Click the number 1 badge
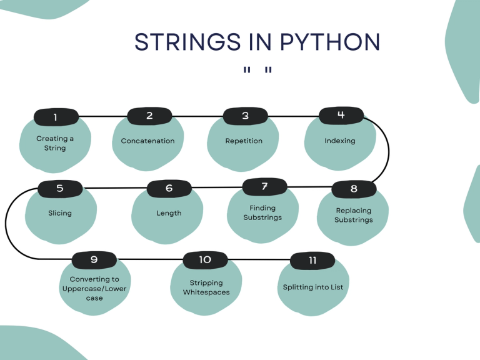pyautogui.click(x=56, y=117)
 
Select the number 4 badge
pyautogui.click(x=341, y=115)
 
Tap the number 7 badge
pyautogui.click(x=264, y=186)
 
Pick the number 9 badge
pyautogui.click(x=94, y=259)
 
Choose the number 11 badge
pyautogui.click(x=312, y=260)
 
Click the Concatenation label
pyautogui.click(x=147, y=141)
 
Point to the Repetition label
pyautogui.click(x=244, y=141)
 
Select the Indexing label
pyautogui.click(x=339, y=141)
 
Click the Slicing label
pyautogui.click(x=60, y=213)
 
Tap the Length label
pyautogui.click(x=169, y=213)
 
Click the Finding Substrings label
pyautogui.click(x=262, y=212)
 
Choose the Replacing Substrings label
pyautogui.click(x=353, y=215)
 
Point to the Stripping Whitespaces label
pyautogui.click(x=206, y=287)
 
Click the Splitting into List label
pyautogui.click(x=313, y=287)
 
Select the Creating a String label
pyautogui.click(x=55, y=143)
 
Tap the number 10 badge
pyautogui.click(x=205, y=259)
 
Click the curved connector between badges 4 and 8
pyautogui.click(x=388, y=150)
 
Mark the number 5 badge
pyautogui.click(x=60, y=187)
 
